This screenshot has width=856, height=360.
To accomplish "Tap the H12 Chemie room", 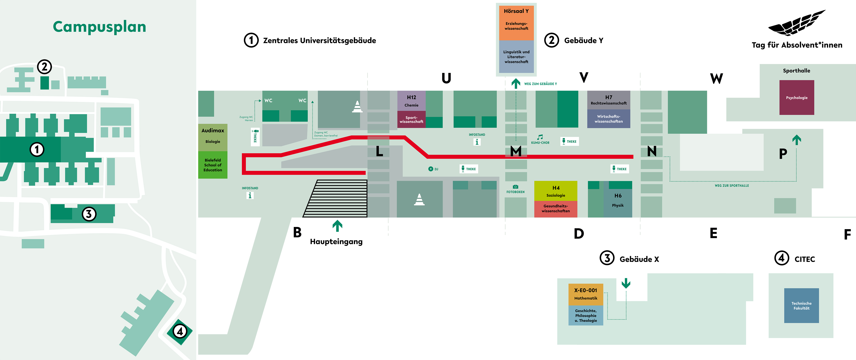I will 411,101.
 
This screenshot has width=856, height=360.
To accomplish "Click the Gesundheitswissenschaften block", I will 556,209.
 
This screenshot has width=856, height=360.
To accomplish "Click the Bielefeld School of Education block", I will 213,165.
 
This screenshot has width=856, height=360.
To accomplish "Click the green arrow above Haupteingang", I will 337,226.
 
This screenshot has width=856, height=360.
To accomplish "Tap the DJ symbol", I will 431,169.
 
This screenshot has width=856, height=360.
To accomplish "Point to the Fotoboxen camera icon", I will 515,187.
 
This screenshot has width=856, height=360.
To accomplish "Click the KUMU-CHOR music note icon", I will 540,137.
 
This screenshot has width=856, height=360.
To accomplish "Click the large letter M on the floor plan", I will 516,151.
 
